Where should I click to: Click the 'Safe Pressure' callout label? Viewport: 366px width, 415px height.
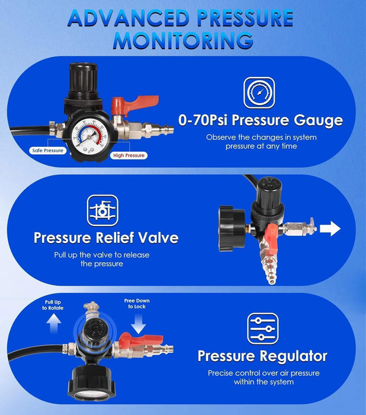[x=47, y=151]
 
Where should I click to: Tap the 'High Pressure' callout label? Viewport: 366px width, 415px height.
[x=129, y=155]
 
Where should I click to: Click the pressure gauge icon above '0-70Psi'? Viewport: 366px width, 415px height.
[x=259, y=93]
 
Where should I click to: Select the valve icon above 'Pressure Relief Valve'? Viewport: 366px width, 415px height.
[x=102, y=210]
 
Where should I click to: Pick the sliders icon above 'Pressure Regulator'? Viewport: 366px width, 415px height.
[x=263, y=328]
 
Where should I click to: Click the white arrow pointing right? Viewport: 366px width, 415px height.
[x=330, y=228]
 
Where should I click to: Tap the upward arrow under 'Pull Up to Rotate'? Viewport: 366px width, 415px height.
[x=54, y=324]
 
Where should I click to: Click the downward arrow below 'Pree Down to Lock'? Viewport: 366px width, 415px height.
[x=138, y=324]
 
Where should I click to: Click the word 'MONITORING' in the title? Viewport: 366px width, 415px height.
[x=183, y=40]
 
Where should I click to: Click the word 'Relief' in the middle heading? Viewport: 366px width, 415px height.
[x=115, y=237]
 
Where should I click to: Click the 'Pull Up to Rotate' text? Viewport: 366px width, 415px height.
[x=53, y=305]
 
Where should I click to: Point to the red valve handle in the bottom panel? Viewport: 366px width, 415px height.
[x=140, y=339]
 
